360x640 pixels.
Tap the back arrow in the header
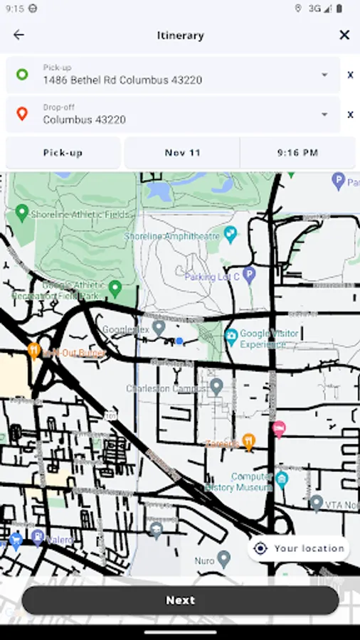(x=18, y=35)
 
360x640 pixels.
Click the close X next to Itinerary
(x=344, y=35)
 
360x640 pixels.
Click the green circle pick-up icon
(x=22, y=74)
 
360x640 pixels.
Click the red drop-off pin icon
(x=22, y=114)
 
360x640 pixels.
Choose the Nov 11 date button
(x=183, y=153)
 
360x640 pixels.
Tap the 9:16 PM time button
(x=297, y=153)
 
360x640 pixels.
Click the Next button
(x=180, y=600)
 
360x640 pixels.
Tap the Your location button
(x=300, y=548)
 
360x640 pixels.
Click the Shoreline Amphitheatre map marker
(x=230, y=233)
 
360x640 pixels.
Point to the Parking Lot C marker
(x=248, y=274)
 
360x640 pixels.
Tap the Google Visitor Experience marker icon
(x=231, y=335)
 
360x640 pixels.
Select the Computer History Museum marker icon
(x=282, y=478)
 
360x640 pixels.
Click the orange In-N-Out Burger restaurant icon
(x=33, y=350)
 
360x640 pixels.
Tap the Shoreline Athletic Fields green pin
(x=21, y=212)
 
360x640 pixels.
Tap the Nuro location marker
(x=224, y=558)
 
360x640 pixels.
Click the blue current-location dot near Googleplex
(x=179, y=341)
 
